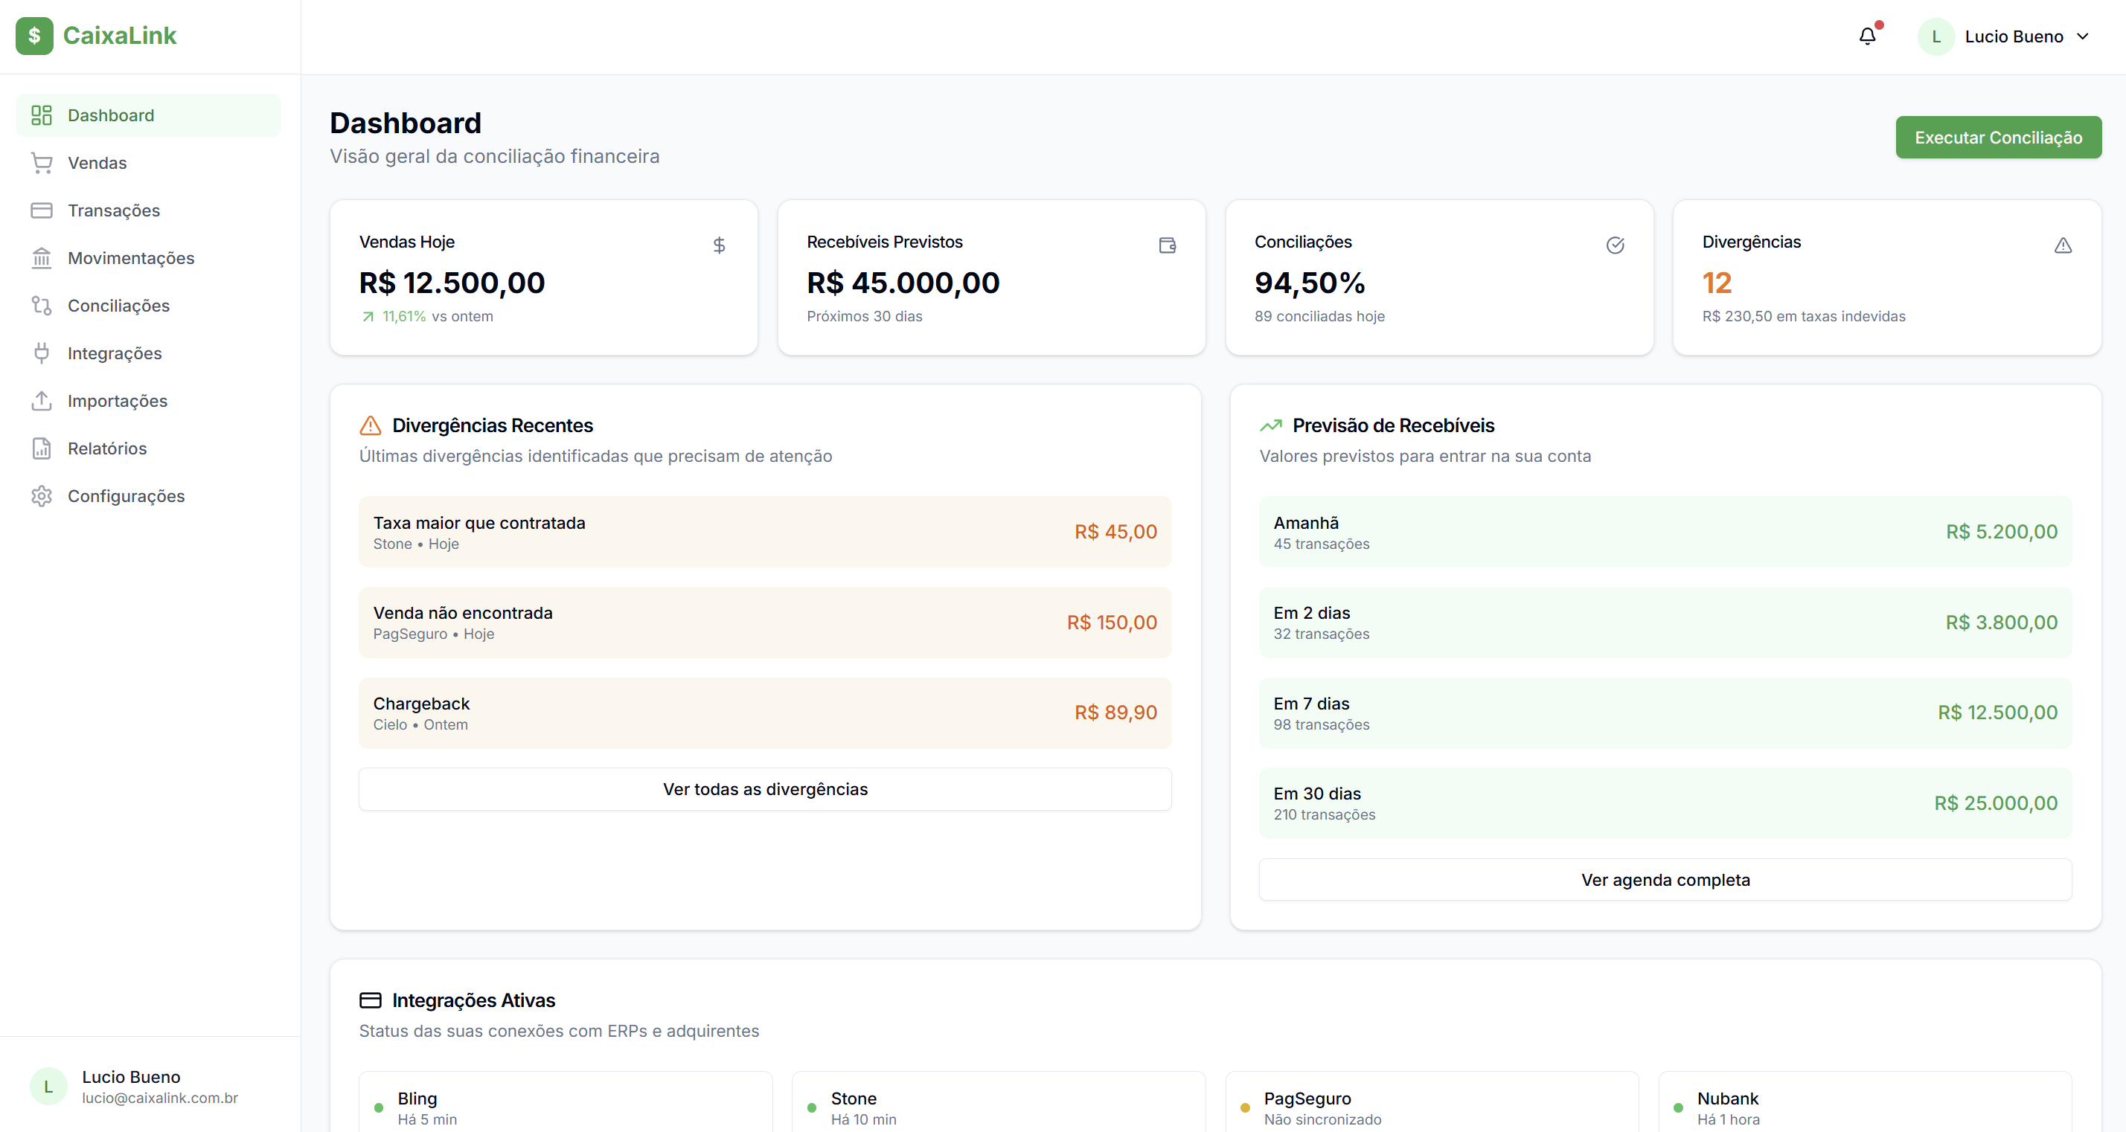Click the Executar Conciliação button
click(x=1997, y=138)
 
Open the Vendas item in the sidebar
click(x=97, y=164)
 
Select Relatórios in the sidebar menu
click(x=106, y=448)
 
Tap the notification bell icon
click(x=1867, y=36)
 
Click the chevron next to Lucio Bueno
click(x=2082, y=36)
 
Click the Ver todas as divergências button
click(x=764, y=790)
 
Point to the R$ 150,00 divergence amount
click(x=1111, y=623)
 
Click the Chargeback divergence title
click(x=421, y=704)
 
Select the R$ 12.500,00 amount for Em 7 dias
click(x=1997, y=713)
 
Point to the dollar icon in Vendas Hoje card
click(x=719, y=245)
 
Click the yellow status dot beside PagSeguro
click(x=1244, y=1108)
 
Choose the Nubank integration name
click(x=1727, y=1099)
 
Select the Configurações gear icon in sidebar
click(x=41, y=496)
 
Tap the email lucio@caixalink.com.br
click(x=159, y=1099)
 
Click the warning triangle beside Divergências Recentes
click(x=371, y=425)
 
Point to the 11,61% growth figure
click(x=403, y=317)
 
